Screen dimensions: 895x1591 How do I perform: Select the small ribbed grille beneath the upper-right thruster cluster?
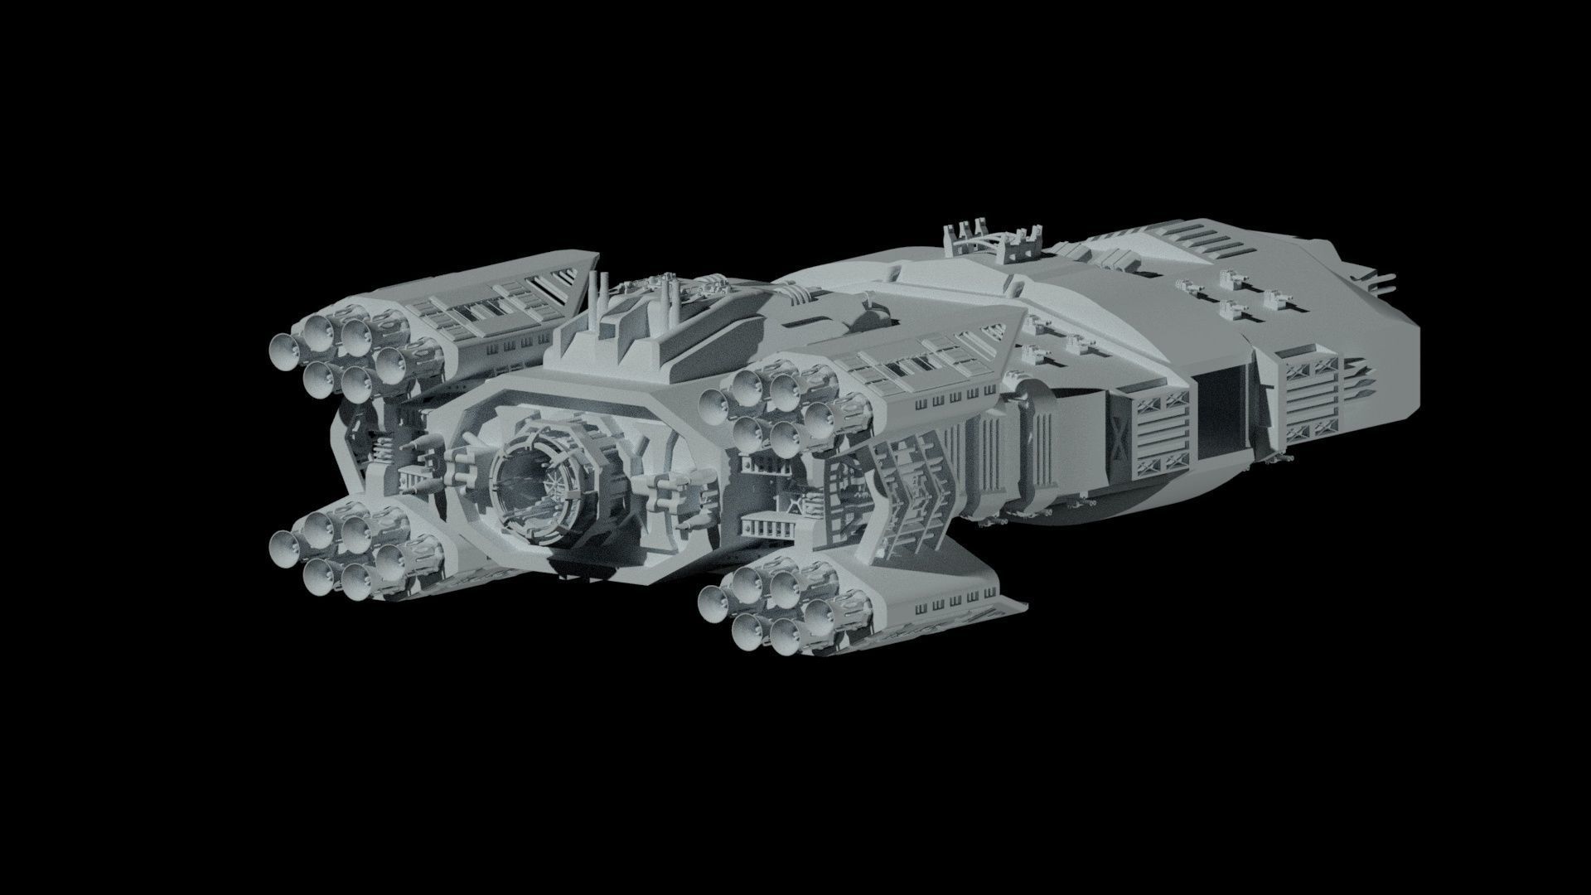pos(766,526)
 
